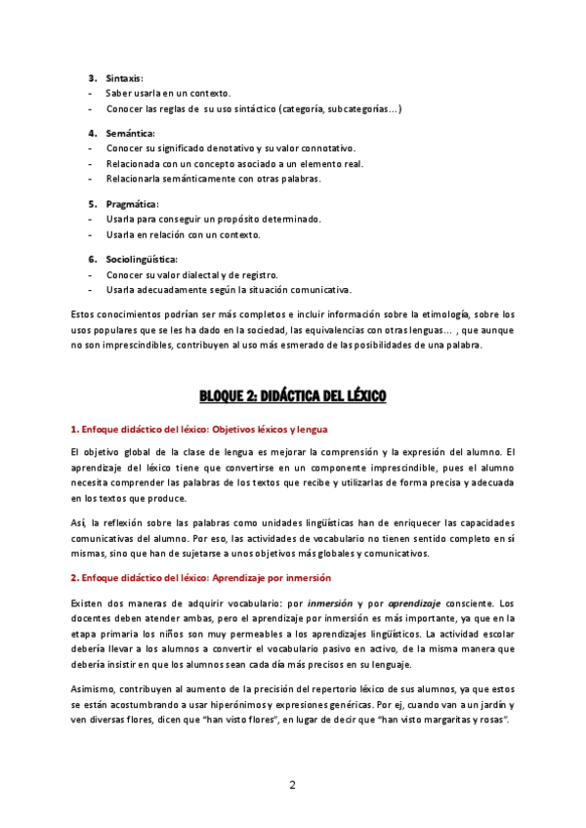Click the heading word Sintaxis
click(x=124, y=77)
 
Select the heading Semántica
click(x=130, y=133)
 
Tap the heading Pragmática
click(x=132, y=204)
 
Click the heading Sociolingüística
click(x=142, y=260)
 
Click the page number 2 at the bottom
click(x=292, y=785)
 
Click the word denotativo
click(x=223, y=148)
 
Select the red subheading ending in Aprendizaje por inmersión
click(x=201, y=578)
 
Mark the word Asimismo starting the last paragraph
click(x=96, y=689)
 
